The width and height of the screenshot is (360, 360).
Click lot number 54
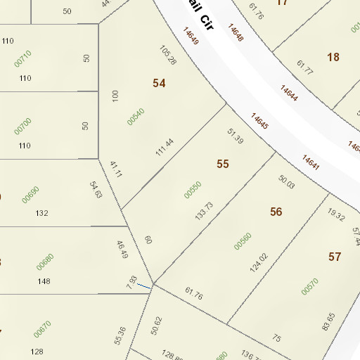coord(160,83)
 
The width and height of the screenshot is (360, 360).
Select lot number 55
coord(223,164)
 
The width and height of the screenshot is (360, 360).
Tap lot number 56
coord(276,212)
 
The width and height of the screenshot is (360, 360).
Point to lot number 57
coord(335,257)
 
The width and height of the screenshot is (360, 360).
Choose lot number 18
coord(333,57)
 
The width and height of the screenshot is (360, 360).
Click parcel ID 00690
coord(30,194)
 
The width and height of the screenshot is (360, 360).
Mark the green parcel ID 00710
coord(23,58)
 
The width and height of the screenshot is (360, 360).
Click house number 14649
coord(191,37)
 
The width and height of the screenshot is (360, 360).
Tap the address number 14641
coord(311,162)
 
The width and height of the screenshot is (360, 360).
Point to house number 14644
coord(289,94)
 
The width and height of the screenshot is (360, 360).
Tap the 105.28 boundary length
coord(167,56)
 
